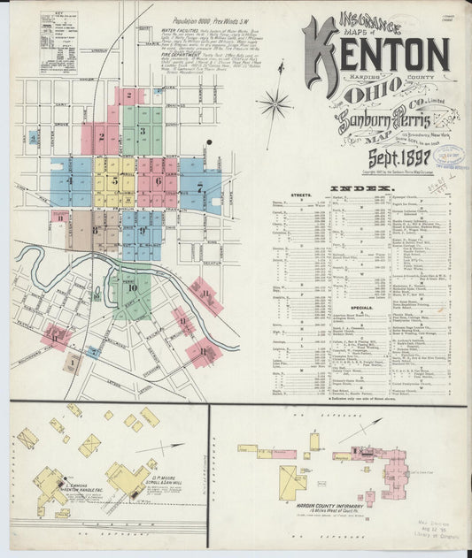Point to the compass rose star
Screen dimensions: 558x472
tap(275, 105)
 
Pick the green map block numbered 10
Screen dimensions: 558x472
tap(133, 287)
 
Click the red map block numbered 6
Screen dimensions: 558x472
tap(157, 180)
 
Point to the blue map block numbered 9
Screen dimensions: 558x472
tap(142, 232)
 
